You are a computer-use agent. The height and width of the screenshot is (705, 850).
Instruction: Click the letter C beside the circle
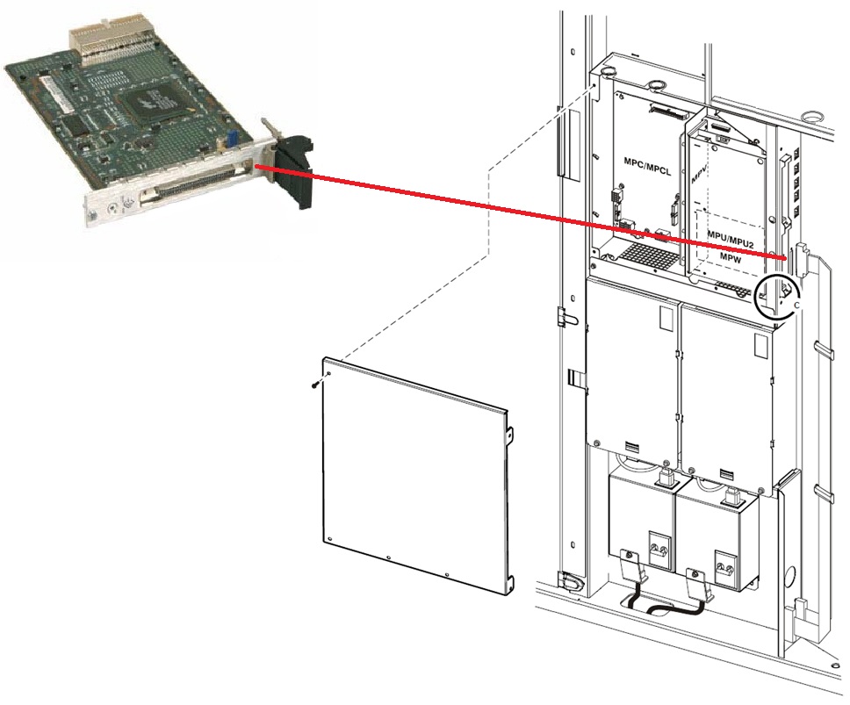(x=797, y=304)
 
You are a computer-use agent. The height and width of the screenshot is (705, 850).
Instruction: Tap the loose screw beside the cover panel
(x=313, y=384)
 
